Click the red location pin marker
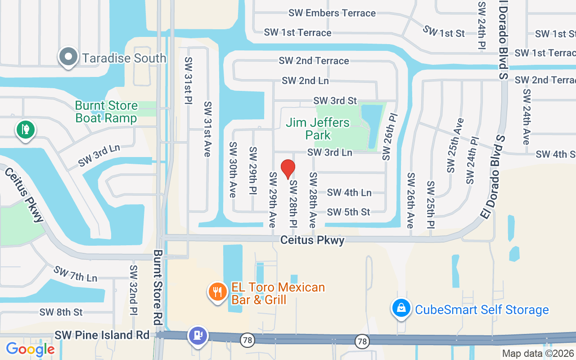click(x=288, y=169)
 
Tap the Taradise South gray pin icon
click(x=68, y=57)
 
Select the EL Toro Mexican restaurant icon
click(x=218, y=292)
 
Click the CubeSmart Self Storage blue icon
click(x=401, y=309)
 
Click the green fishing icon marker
click(x=26, y=130)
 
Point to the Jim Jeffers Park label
click(x=318, y=129)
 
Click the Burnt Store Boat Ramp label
click(x=106, y=112)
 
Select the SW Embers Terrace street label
click(x=332, y=13)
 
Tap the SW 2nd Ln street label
click(x=305, y=81)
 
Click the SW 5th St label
click(x=348, y=212)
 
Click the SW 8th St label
click(x=61, y=312)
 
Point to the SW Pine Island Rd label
click(x=102, y=335)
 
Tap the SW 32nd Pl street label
click(x=133, y=290)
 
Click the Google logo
click(x=30, y=349)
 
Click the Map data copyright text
click(x=538, y=353)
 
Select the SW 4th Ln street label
click(x=349, y=193)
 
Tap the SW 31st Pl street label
click(x=188, y=81)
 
